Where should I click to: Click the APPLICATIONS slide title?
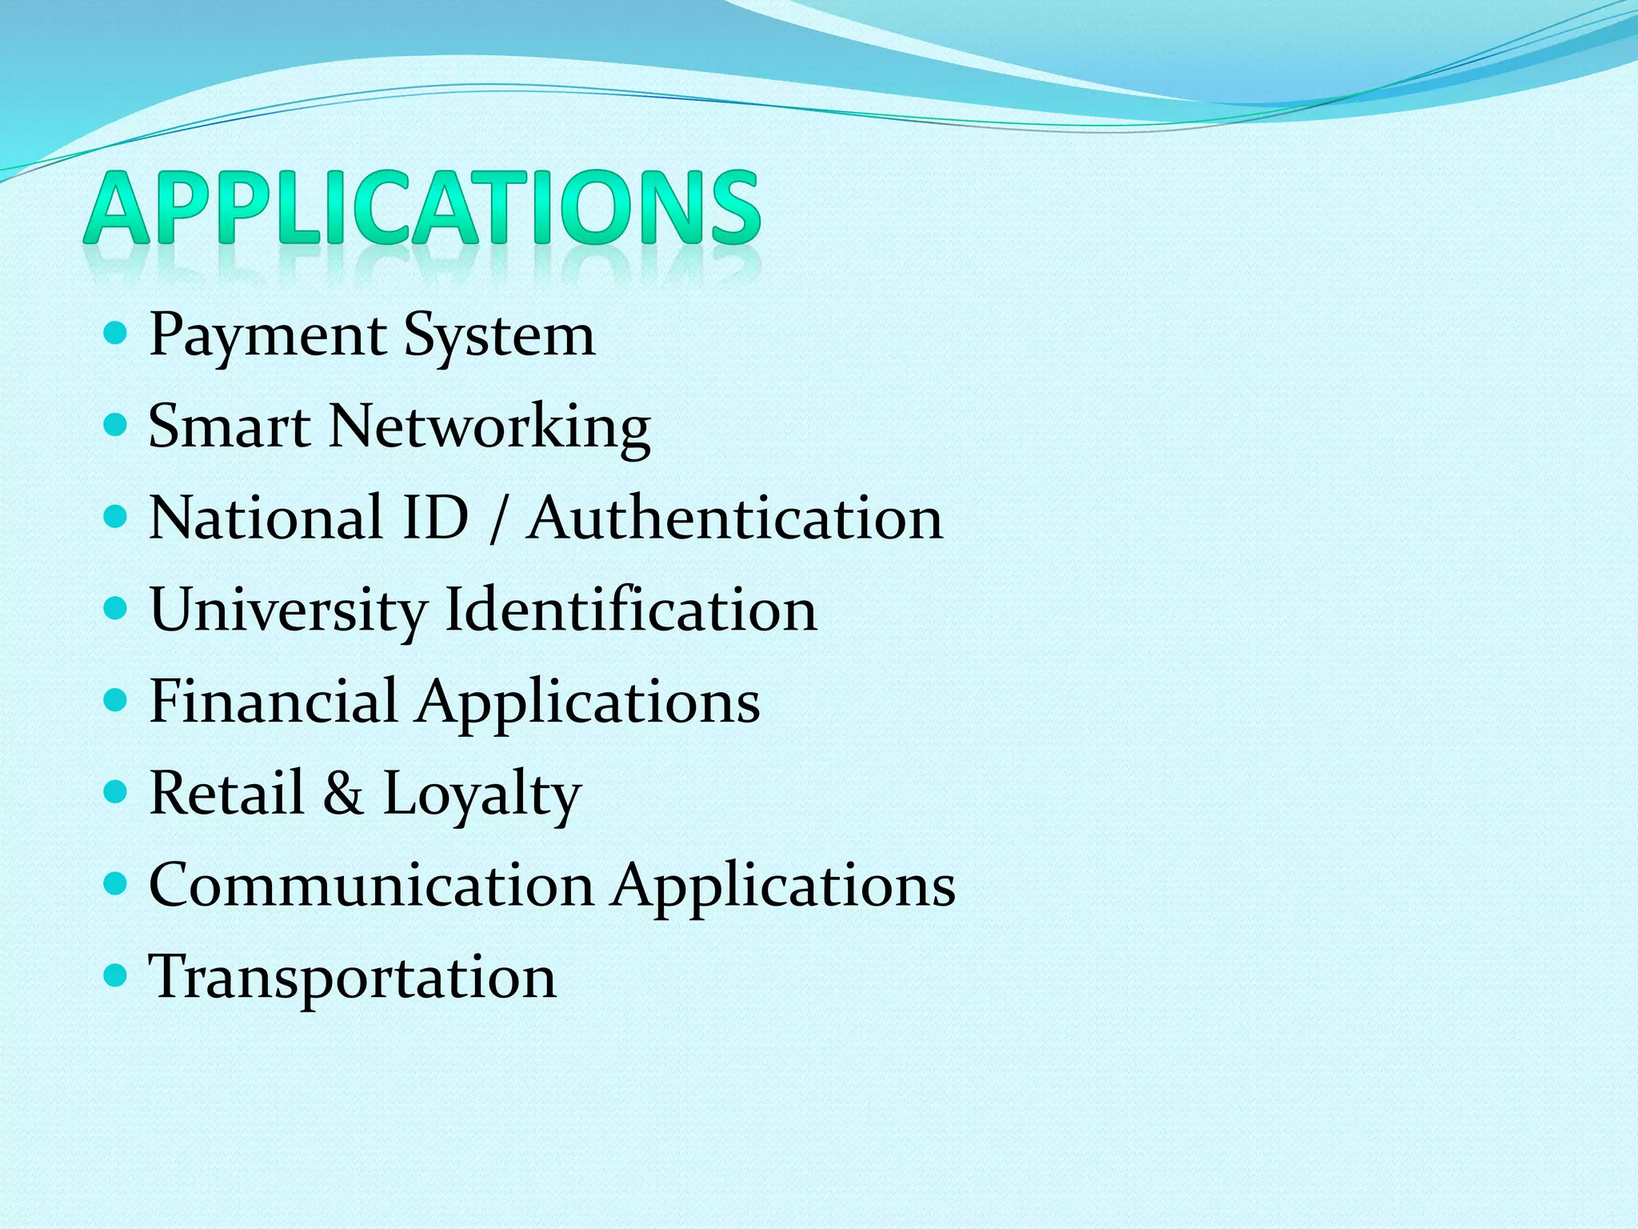(421, 207)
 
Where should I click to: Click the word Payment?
(268, 335)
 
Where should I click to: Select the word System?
(499, 335)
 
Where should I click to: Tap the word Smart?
(230, 426)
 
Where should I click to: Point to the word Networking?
(489, 428)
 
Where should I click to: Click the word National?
(266, 518)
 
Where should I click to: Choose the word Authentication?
(735, 518)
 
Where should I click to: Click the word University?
(288, 610)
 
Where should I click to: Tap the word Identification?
(631, 610)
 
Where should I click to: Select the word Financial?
(274, 702)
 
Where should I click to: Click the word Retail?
(227, 793)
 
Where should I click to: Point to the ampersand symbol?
(343, 793)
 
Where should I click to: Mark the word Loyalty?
(482, 795)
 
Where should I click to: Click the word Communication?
(372, 885)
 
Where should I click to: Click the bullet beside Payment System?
(116, 334)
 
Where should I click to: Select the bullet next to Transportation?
(116, 975)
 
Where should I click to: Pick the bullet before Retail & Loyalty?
(116, 792)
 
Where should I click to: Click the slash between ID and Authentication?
(497, 518)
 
